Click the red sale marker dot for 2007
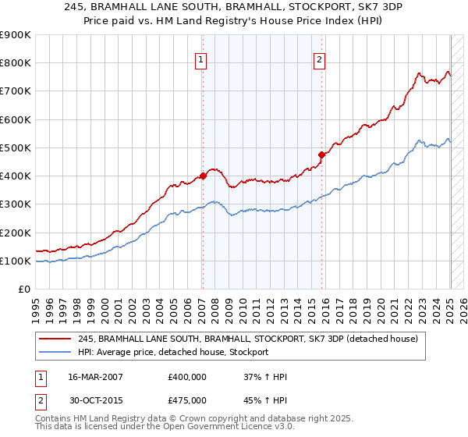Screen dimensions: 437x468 (x=203, y=176)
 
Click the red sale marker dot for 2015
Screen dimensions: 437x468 (x=322, y=154)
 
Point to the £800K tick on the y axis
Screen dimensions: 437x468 (x=16, y=63)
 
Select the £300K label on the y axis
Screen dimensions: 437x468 (x=16, y=204)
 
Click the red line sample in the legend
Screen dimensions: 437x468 (x=56, y=339)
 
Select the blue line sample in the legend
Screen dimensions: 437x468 (x=56, y=353)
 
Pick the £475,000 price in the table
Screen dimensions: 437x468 (x=187, y=399)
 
